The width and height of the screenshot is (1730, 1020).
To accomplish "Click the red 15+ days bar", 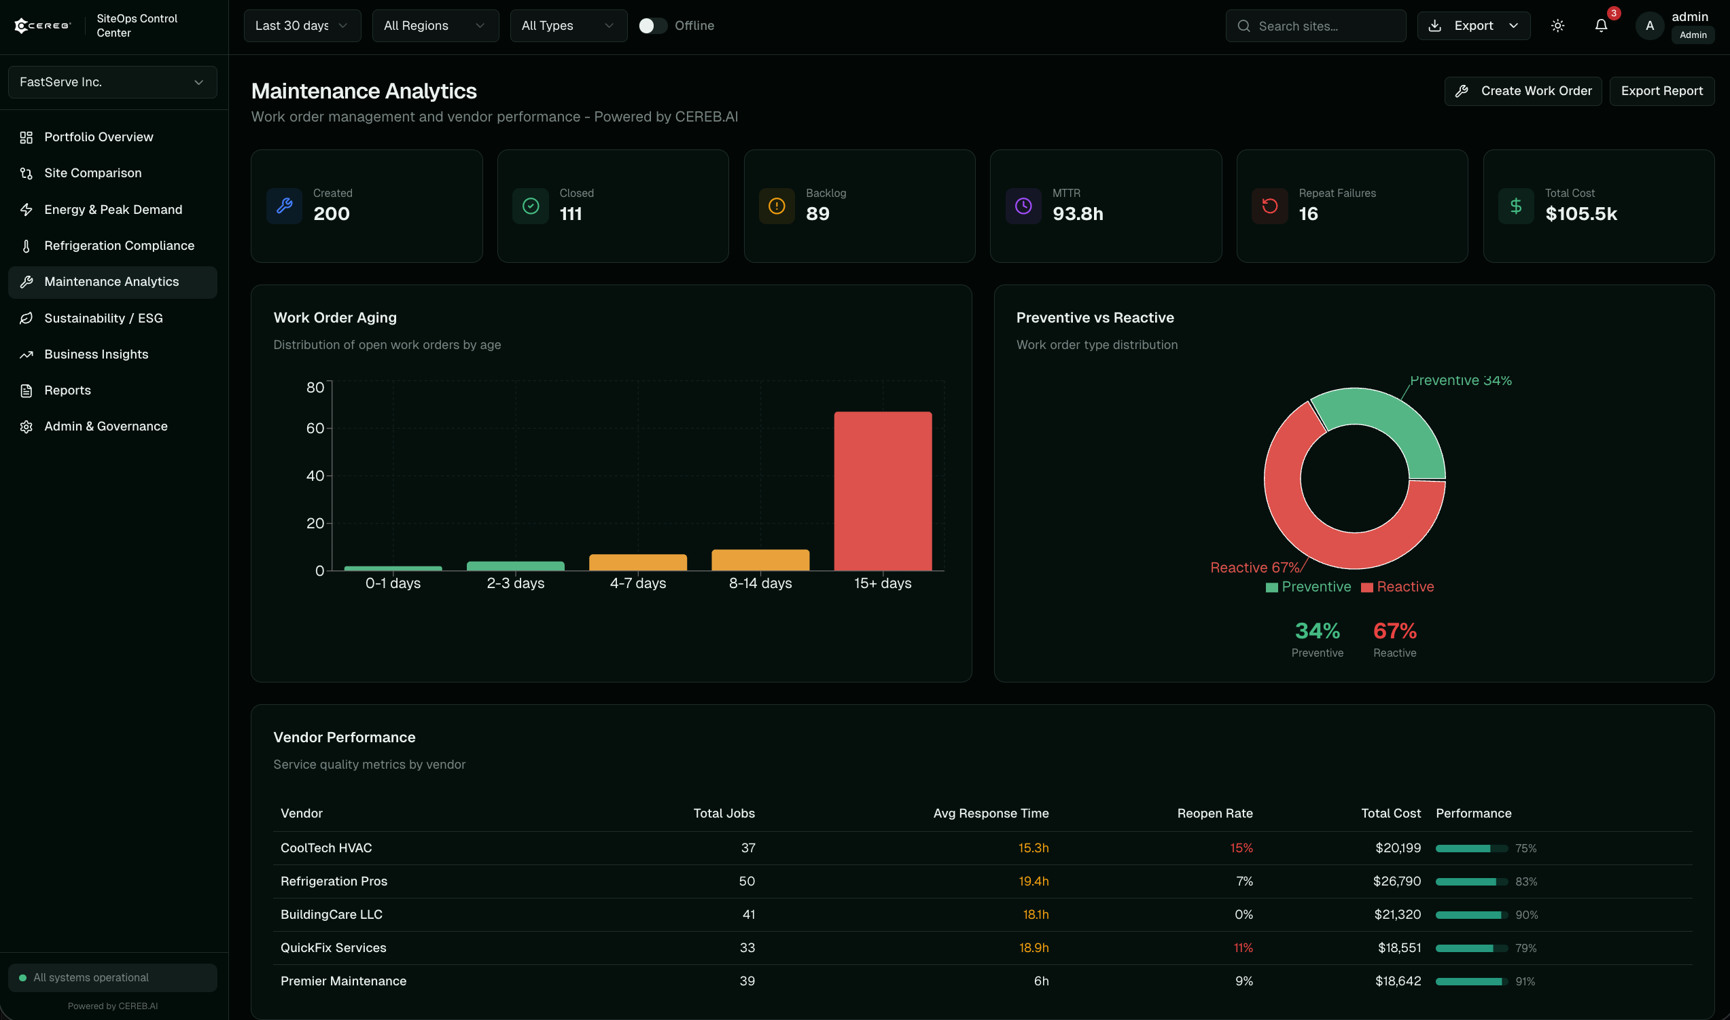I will [x=883, y=491].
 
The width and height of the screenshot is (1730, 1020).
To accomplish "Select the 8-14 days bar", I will [x=760, y=560].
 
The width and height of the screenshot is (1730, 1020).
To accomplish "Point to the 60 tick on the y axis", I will [x=315, y=429].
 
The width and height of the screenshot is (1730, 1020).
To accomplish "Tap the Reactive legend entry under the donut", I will [x=1397, y=586].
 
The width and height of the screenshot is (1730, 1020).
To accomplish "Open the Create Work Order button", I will [x=1522, y=91].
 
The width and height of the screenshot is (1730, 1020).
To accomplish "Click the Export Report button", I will [x=1661, y=91].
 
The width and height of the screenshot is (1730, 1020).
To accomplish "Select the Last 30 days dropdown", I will [x=302, y=25].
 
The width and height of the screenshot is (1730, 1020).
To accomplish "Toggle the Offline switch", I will [x=652, y=25].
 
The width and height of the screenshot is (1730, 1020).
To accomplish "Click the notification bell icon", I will [x=1601, y=25].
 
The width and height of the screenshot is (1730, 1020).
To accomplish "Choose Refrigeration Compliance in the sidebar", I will [x=119, y=245].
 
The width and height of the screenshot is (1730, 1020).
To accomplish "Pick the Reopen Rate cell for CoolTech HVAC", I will [x=1241, y=848].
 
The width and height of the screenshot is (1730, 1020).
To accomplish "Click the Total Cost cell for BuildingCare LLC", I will [x=1396, y=914].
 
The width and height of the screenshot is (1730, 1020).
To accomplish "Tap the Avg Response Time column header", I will [x=990, y=813].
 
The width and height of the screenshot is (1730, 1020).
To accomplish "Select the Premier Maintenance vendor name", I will [x=343, y=981].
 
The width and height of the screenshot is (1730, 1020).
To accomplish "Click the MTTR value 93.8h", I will [x=1078, y=214].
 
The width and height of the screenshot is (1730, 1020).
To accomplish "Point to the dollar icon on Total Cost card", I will [x=1515, y=206].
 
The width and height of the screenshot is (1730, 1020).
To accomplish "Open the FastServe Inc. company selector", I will [x=112, y=81].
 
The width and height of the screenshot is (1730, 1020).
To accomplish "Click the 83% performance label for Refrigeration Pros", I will [x=1525, y=881].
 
